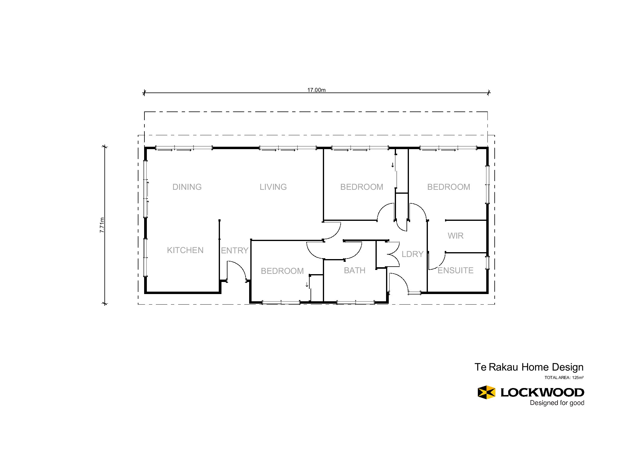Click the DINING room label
tap(187, 187)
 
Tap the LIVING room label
tap(273, 187)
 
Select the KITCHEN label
tap(185, 250)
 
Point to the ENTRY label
tap(235, 251)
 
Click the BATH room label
tap(355, 271)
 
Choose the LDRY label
tap(413, 254)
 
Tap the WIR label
tap(456, 236)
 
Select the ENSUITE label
tap(456, 271)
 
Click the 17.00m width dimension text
tap(316, 90)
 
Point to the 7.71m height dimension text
tap(102, 225)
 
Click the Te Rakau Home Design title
tap(529, 367)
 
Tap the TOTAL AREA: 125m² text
tap(564, 378)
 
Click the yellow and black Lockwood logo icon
tap(487, 392)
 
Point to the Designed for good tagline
tap(557, 403)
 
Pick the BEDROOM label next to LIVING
tap(362, 187)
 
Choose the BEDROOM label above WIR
tap(449, 187)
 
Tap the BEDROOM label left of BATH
tap(282, 271)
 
